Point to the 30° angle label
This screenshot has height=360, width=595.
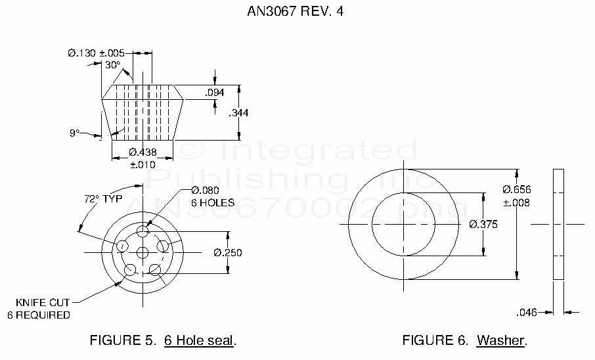[x=112, y=64]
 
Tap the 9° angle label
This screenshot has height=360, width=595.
[x=74, y=133]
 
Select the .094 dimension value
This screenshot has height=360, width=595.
[x=215, y=93]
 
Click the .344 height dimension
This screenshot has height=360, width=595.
[x=239, y=113]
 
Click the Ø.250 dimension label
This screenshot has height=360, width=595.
[x=227, y=252]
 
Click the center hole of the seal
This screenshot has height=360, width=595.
[x=142, y=252]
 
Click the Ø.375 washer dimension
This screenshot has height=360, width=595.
[x=483, y=224]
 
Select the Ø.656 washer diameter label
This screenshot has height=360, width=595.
[x=517, y=190]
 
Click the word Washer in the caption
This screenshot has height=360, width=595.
[x=501, y=340]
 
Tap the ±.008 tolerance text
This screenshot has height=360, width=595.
[x=517, y=202]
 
